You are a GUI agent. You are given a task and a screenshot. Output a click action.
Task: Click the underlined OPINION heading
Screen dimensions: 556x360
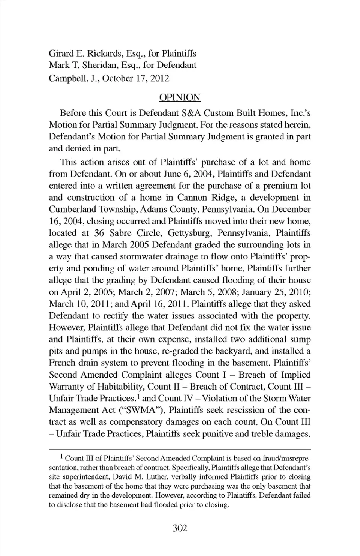tap(180, 97)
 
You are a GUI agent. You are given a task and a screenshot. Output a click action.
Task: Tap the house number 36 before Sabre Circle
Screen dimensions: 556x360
tap(99, 233)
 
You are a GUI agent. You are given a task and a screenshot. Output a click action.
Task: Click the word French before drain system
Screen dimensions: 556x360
tap(62, 363)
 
